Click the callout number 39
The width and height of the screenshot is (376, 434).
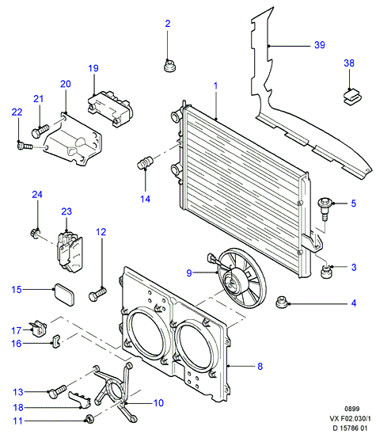[320, 45]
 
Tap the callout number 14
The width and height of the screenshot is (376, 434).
[145, 199]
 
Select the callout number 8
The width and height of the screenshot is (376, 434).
[260, 366]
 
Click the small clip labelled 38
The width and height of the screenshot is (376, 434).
[353, 97]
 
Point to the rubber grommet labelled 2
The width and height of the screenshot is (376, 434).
[170, 67]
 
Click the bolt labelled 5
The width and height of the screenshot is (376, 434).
[325, 208]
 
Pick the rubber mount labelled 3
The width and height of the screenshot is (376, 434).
[326, 272]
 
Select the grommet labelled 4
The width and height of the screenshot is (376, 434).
[283, 302]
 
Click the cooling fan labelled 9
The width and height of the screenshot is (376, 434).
[238, 278]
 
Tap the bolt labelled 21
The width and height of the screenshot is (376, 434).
[40, 131]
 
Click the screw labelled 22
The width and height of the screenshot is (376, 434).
[25, 146]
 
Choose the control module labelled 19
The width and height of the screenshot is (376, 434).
[110, 108]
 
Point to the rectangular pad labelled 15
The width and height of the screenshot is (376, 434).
[64, 295]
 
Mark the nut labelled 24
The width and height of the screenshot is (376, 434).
[35, 233]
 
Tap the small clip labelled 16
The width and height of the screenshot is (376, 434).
[57, 341]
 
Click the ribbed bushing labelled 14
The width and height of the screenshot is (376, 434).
[145, 163]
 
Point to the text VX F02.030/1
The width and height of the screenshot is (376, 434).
[350, 418]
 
